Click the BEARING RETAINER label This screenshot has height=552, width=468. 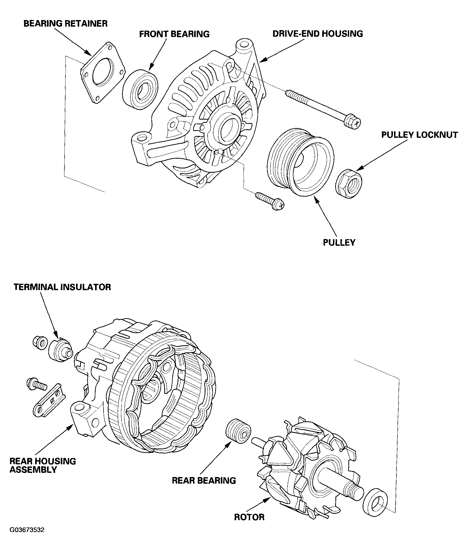pyautogui.click(x=65, y=23)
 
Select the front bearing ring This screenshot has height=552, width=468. pyautogui.click(x=140, y=89)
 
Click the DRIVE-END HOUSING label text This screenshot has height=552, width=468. pyautogui.click(x=317, y=34)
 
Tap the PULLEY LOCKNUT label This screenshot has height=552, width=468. pyautogui.click(x=419, y=135)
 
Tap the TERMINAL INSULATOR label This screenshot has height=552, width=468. pyautogui.click(x=62, y=287)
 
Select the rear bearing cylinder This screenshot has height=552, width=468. pyautogui.click(x=238, y=431)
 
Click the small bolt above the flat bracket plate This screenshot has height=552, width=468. pyautogui.click(x=36, y=385)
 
